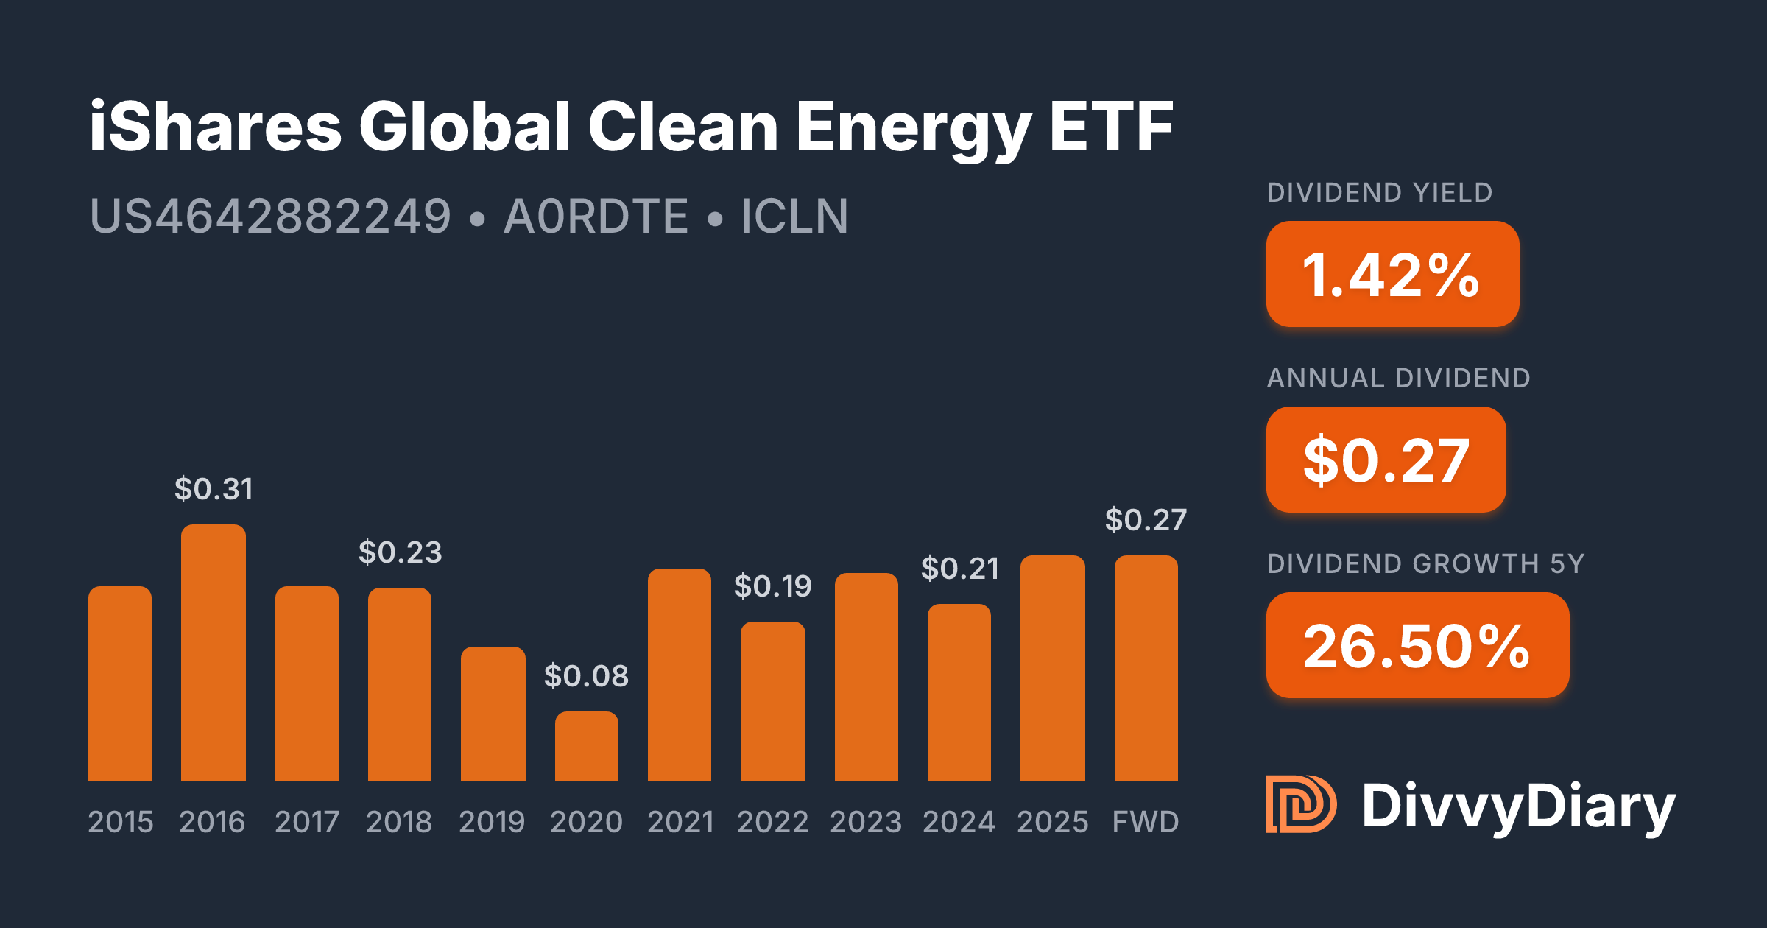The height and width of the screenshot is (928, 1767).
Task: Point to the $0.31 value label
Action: (x=214, y=489)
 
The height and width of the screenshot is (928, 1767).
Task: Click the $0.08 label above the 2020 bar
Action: (x=586, y=676)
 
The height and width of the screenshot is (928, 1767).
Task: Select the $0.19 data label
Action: (x=772, y=586)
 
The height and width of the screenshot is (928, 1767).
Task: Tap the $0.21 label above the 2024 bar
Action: (x=959, y=569)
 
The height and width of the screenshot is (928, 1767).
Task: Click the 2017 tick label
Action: (x=306, y=822)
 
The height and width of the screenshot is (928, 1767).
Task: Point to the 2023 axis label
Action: (x=866, y=822)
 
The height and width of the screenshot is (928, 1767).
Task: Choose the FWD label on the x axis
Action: (x=1146, y=822)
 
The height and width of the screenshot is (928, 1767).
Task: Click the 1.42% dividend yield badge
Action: (x=1392, y=274)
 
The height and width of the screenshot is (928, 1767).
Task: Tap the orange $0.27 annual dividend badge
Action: (x=1386, y=460)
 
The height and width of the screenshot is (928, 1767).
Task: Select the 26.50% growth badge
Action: (x=1417, y=645)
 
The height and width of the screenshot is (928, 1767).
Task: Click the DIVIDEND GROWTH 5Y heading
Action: (x=1425, y=563)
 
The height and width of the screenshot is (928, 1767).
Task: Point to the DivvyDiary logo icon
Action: (x=1300, y=804)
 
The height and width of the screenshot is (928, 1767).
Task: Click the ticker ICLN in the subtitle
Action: (x=794, y=217)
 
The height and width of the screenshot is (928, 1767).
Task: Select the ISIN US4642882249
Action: (x=270, y=217)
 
